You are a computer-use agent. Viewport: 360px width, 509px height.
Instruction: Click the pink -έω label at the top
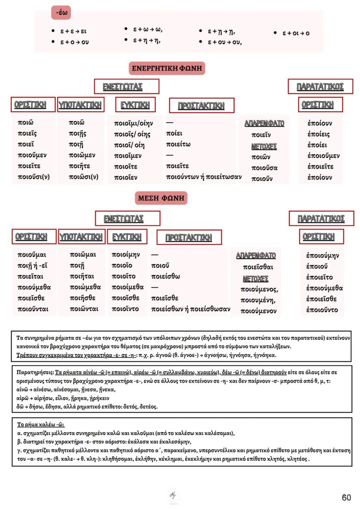coord(61,13)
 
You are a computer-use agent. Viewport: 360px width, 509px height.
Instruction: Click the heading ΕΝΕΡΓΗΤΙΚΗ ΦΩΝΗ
coord(167,68)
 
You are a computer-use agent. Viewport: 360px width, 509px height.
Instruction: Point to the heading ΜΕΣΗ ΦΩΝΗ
coord(161,199)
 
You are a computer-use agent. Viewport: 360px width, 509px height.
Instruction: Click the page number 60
coord(346,498)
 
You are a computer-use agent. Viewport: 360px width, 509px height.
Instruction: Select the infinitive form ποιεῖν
coord(262,135)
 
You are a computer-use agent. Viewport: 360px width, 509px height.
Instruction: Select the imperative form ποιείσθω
coord(166,276)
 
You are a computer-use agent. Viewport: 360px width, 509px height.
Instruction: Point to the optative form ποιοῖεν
coord(126,177)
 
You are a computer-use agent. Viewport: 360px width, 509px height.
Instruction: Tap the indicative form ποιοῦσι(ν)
coord(33,177)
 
